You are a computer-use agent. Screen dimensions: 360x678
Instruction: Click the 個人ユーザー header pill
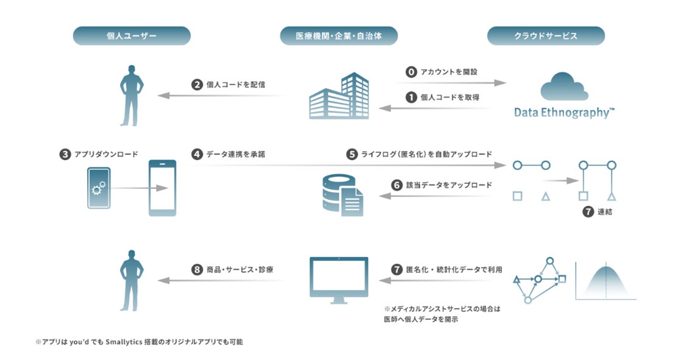pyautogui.click(x=132, y=36)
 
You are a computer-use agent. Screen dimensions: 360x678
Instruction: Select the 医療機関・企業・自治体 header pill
pyautogui.click(x=339, y=36)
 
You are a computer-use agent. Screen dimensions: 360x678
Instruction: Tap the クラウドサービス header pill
pyautogui.click(x=546, y=36)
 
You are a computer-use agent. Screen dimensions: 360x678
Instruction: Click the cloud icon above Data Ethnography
pyautogui.click(x=564, y=87)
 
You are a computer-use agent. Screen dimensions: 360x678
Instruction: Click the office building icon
pyautogui.click(x=339, y=96)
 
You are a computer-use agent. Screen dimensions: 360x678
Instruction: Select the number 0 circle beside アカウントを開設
pyautogui.click(x=411, y=72)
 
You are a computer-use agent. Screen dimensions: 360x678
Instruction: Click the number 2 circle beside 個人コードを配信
pyautogui.click(x=196, y=85)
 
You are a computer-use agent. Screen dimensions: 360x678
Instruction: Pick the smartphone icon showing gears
pyautogui.click(x=99, y=188)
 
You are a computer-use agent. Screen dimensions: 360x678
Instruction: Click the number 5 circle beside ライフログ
pyautogui.click(x=352, y=155)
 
